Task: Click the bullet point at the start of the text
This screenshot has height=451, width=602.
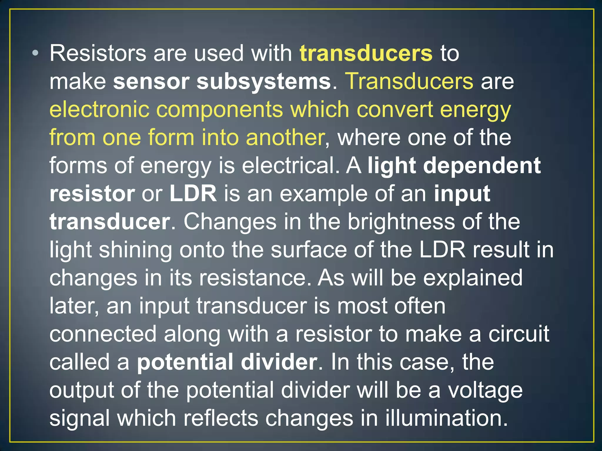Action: pyautogui.click(x=36, y=53)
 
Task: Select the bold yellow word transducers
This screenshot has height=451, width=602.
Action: pyautogui.click(x=366, y=53)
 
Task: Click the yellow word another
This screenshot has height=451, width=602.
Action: pyautogui.click(x=285, y=137)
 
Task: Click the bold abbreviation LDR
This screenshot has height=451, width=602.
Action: pyautogui.click(x=193, y=193)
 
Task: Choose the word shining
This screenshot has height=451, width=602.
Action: pyautogui.click(x=135, y=250)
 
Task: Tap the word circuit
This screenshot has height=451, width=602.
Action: pyautogui.click(x=519, y=334)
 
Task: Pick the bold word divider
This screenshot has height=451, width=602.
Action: pyautogui.click(x=279, y=362)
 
